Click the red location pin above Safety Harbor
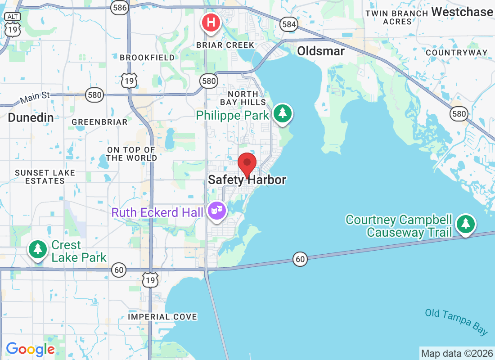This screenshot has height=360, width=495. (247, 164)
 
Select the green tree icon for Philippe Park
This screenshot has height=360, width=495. (282, 113)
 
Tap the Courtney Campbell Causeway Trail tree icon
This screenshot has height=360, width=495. (465, 224)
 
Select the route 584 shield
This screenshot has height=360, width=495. (288, 24)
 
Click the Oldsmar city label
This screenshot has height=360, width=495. (321, 51)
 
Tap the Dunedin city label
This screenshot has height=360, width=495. (31, 118)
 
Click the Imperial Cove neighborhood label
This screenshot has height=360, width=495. (162, 317)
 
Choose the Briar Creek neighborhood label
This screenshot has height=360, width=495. (225, 45)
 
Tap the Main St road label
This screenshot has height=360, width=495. (34, 98)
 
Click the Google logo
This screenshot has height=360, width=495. (30, 349)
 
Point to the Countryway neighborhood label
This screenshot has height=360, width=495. (456, 53)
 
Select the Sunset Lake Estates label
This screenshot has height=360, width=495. (45, 177)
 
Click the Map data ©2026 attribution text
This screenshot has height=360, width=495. (457, 353)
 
